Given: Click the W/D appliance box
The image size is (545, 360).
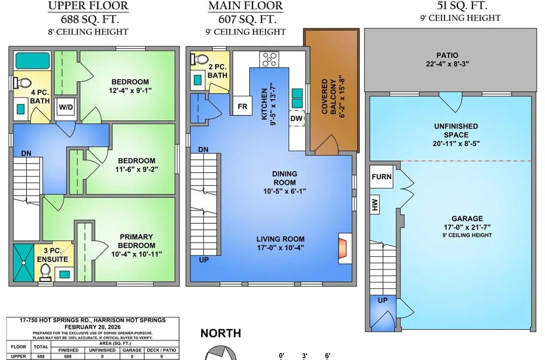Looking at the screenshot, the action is pyautogui.click(x=66, y=107).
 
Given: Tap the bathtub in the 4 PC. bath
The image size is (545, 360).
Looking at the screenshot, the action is pyautogui.click(x=33, y=60).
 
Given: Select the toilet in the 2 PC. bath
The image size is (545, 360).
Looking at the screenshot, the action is pyautogui.click(x=199, y=59).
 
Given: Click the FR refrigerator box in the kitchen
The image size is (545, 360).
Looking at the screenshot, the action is pyautogui.click(x=242, y=105).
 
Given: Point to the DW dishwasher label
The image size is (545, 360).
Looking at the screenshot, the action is pyautogui.click(x=296, y=118).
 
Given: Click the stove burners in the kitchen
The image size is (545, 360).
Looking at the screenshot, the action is pyautogui.click(x=269, y=59).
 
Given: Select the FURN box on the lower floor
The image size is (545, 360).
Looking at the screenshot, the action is pyautogui.click(x=381, y=177).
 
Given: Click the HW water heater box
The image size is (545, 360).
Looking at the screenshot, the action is pyautogui.click(x=374, y=204).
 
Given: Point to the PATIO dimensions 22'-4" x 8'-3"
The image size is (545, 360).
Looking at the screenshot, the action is pyautogui.click(x=447, y=64).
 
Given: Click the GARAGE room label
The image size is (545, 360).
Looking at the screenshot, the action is pyautogui.click(x=467, y=218).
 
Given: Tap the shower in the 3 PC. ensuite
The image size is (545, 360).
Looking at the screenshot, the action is pyautogui.click(x=24, y=263).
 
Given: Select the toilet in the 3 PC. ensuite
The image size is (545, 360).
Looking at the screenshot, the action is pyautogui.click(x=46, y=272).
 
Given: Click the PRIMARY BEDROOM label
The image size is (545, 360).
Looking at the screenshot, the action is pyautogui.click(x=136, y=241).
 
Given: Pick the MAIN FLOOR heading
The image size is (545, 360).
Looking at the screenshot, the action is pyautogui.click(x=246, y=6).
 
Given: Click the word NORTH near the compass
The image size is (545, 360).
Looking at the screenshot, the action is pyautogui.click(x=221, y=333).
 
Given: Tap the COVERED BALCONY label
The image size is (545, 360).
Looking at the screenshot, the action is pyautogui.click(x=329, y=96).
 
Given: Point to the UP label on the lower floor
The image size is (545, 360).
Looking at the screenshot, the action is pyautogui.click(x=383, y=300).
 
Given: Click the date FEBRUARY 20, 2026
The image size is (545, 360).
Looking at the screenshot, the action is pyautogui.click(x=93, y=327).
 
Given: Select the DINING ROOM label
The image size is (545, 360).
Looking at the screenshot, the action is pyautogui.click(x=285, y=178).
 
